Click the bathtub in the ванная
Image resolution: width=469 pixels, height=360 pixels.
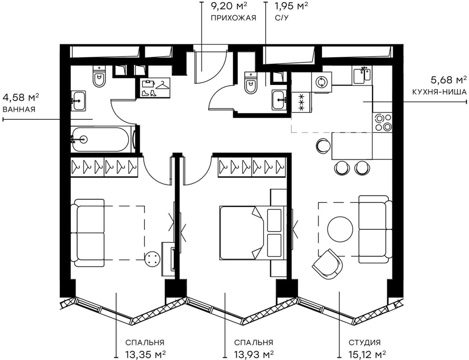click(102, 139)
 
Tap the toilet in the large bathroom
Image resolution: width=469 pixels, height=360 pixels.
click(100, 76)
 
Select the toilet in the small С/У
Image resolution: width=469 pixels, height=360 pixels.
click(251, 82)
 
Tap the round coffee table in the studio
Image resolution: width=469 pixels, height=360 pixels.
click(340, 229)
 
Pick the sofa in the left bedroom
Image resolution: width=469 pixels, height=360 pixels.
click(89, 233)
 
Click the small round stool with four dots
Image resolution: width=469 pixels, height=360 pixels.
click(153, 258)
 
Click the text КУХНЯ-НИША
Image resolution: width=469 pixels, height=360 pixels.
click(439, 92)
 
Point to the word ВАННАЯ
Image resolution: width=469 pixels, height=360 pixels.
click(19, 109)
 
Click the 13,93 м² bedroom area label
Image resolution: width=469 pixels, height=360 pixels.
click(254, 354)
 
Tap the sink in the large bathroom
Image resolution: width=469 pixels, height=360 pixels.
click(78, 101)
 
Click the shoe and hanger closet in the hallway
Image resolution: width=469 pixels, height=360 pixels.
click(155, 88)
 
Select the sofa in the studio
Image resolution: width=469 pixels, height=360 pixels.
click(375, 230)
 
